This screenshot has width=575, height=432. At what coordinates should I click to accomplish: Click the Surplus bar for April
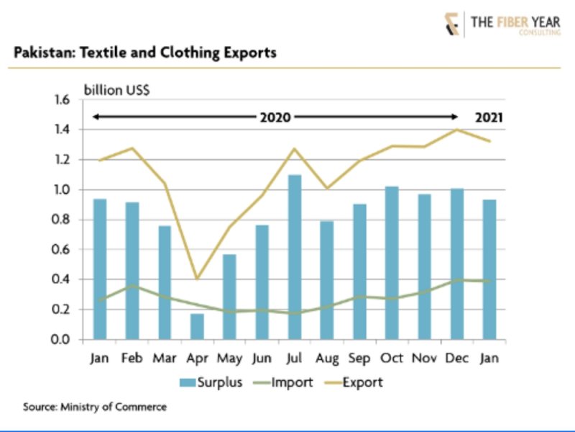click(x=197, y=326)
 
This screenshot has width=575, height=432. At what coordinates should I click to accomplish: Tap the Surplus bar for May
click(x=229, y=295)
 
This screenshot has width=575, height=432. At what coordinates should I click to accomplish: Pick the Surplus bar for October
click(x=392, y=263)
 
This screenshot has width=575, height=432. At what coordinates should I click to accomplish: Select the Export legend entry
click(x=357, y=382)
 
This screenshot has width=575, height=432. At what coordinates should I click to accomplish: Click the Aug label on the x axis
click(x=327, y=357)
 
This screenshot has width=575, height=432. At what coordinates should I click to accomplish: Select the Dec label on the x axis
click(x=456, y=357)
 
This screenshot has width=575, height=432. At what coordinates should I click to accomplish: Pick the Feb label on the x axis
click(x=132, y=357)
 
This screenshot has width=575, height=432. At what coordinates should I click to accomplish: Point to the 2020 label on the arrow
click(x=275, y=117)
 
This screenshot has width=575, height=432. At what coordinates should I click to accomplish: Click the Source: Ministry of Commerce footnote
click(x=94, y=408)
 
